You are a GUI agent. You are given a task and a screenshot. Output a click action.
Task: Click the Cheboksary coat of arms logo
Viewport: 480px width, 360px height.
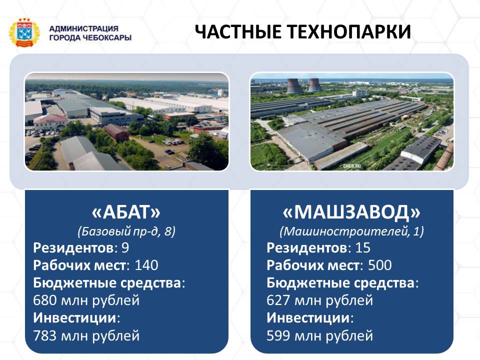[x=24, y=33]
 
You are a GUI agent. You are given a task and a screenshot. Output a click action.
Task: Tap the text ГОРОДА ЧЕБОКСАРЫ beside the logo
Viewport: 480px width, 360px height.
[x=90, y=38]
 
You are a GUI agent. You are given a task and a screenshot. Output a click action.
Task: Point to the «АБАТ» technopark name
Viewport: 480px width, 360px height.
[x=126, y=212]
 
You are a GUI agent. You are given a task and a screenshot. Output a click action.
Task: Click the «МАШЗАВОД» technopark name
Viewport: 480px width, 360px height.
[x=351, y=212]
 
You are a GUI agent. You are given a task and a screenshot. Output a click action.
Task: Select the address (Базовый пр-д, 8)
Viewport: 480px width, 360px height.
[x=126, y=231]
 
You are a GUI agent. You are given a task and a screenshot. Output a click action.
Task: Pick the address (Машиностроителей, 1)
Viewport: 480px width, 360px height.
[x=351, y=231]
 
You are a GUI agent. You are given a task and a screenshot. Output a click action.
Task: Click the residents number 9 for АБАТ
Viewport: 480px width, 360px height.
[x=125, y=247]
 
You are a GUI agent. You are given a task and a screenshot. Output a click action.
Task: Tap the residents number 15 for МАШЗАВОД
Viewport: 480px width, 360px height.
[x=363, y=247]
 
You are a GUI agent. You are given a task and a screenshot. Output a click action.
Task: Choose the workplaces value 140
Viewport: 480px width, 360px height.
[x=146, y=265]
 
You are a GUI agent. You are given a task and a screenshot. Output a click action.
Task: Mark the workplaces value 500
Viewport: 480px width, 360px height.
[x=380, y=265]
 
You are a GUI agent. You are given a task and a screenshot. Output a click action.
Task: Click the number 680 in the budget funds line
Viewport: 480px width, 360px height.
[x=45, y=300]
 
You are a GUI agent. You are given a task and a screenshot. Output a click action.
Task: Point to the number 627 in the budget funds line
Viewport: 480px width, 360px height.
[x=278, y=300]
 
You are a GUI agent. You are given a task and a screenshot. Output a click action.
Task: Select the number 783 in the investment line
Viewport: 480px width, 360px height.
[x=45, y=336]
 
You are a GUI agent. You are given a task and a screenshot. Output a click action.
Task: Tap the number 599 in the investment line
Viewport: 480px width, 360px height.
[x=278, y=336]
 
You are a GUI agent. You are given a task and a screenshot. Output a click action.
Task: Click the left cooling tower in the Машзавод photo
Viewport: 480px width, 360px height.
[x=294, y=85]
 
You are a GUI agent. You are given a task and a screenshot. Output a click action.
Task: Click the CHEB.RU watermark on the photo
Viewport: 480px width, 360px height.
[x=351, y=166]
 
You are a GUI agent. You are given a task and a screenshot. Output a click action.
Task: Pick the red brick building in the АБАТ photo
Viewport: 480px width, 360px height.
[x=116, y=132]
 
